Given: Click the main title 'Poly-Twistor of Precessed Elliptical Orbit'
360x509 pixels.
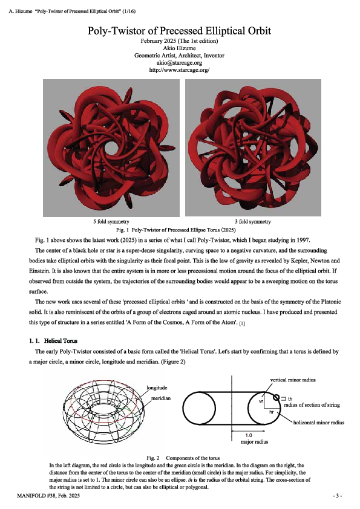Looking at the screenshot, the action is click(179, 30).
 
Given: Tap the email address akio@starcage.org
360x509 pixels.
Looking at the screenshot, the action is click(179, 63).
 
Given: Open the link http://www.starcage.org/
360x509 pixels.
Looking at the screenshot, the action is click(179, 70).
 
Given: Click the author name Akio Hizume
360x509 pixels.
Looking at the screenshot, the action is click(179, 48).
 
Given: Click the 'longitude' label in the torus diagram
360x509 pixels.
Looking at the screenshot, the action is click(159, 387).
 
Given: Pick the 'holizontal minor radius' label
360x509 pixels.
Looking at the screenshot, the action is click(318, 423).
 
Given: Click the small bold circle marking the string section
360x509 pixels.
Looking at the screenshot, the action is click(277, 397).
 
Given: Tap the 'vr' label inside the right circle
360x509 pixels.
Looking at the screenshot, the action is click(261, 401).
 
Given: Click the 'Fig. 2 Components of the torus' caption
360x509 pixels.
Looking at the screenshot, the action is click(180, 457).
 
